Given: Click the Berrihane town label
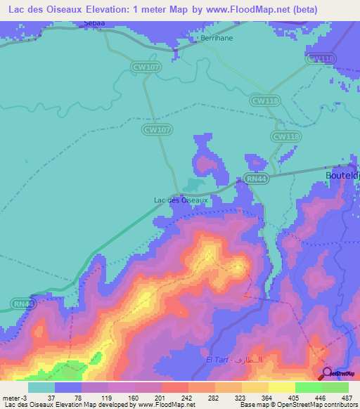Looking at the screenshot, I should click(216, 39).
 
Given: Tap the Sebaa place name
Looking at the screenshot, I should click(94, 23).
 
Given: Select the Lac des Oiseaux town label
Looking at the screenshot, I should click(181, 200).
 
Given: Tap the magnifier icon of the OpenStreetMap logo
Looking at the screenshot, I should click(326, 372).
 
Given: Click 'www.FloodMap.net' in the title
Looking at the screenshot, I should click(247, 10).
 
